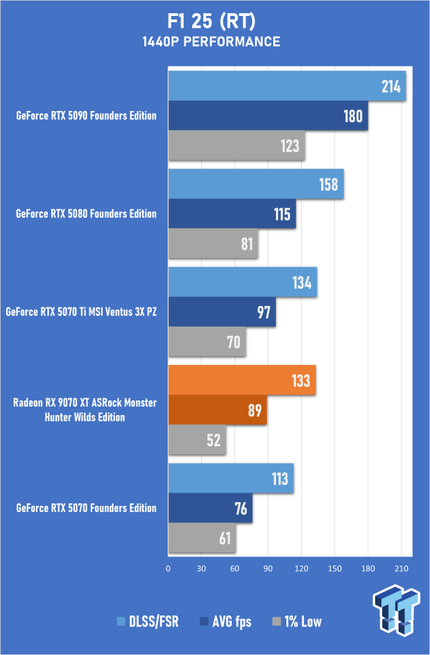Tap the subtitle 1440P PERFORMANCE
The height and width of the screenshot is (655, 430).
pyautogui.click(x=214, y=42)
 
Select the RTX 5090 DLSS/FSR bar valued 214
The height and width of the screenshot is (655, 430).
pyautogui.click(x=286, y=86)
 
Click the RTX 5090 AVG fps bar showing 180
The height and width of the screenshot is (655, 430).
pyautogui.click(x=268, y=116)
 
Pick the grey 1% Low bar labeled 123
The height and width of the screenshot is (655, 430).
pyautogui.click(x=237, y=146)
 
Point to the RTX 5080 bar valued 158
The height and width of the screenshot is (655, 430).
pyautogui.click(x=256, y=185)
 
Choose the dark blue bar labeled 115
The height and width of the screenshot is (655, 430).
pyautogui.click(x=232, y=214)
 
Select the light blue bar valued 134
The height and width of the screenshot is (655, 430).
pyautogui.click(x=242, y=282)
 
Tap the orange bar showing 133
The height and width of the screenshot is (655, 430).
pyautogui.click(x=242, y=380)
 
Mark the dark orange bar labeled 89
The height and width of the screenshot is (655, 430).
pyautogui.click(x=217, y=410)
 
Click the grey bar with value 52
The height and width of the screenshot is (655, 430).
pyautogui.click(x=197, y=440)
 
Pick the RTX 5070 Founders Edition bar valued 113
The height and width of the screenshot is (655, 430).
pyautogui.click(x=230, y=479)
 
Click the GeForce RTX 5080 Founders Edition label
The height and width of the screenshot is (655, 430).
pyautogui.click(x=86, y=214)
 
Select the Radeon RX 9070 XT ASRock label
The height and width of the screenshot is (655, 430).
pyautogui.click(x=87, y=410)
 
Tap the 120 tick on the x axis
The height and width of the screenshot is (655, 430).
pyautogui.click(x=302, y=568)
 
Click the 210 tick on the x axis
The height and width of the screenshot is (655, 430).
pyautogui.click(x=402, y=568)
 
